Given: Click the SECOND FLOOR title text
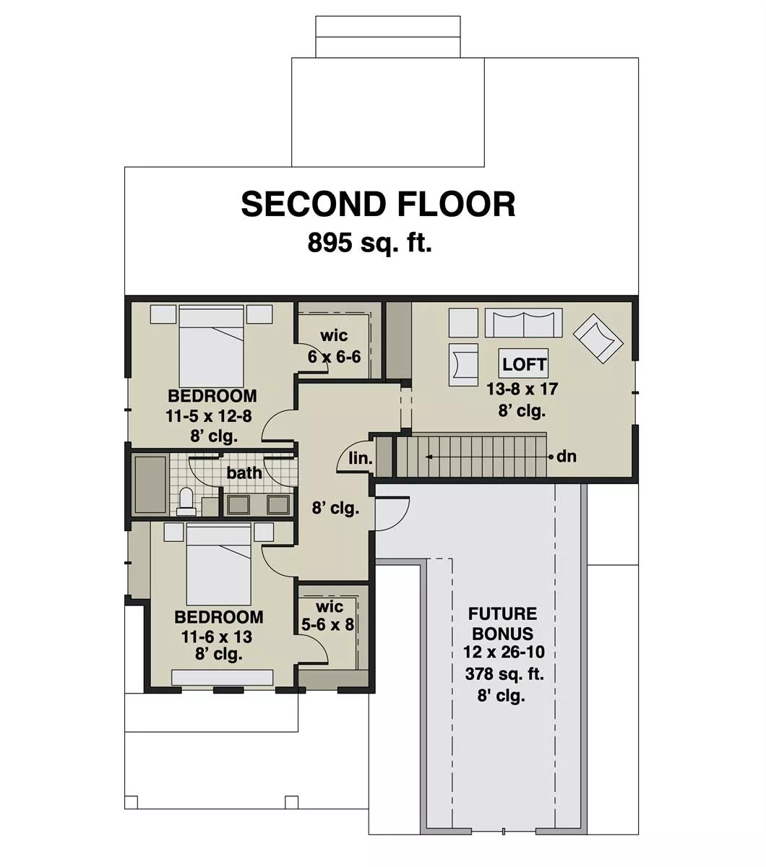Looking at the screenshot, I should pyautogui.click(x=378, y=204).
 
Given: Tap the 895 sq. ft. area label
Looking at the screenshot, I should pyautogui.click(x=369, y=243).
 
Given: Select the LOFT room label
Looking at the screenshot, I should pyautogui.click(x=525, y=364).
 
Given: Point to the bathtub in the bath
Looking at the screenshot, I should pyautogui.click(x=150, y=484).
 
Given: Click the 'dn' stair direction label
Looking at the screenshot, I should pyautogui.click(x=567, y=457).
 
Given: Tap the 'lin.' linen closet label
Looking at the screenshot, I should pyautogui.click(x=360, y=458).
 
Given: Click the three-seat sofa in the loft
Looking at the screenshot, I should pyautogui.click(x=523, y=324).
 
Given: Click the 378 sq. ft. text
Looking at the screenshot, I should pyautogui.click(x=504, y=675).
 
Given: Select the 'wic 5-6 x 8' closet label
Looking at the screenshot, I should pyautogui.click(x=327, y=615).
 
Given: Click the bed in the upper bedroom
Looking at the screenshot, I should pyautogui.click(x=211, y=347).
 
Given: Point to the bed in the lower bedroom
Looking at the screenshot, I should pyautogui.click(x=219, y=564).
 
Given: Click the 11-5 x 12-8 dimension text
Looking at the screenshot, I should pyautogui.click(x=211, y=416).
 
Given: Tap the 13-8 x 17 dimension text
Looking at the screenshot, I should pyautogui.click(x=522, y=389).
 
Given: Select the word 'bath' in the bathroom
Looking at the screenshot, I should pyautogui.click(x=244, y=473).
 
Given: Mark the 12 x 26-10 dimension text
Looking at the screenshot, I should pyautogui.click(x=504, y=652).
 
